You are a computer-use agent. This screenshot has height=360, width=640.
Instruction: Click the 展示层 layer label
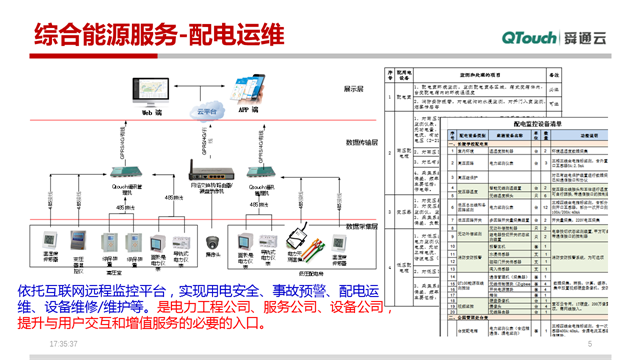tap(353, 88)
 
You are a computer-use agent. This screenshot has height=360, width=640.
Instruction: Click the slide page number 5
tap(590, 343)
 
